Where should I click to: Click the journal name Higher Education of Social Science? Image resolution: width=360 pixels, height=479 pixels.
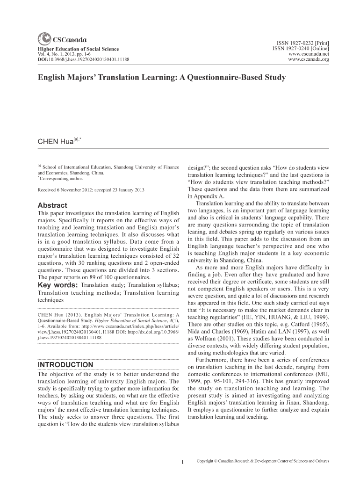click(x=78, y=49)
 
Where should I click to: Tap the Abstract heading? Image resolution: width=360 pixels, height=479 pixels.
click(x=52, y=205)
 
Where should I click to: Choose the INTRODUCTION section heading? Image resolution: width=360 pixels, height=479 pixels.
click(x=65, y=364)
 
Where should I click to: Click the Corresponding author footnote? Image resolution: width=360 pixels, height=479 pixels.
click(x=61, y=179)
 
